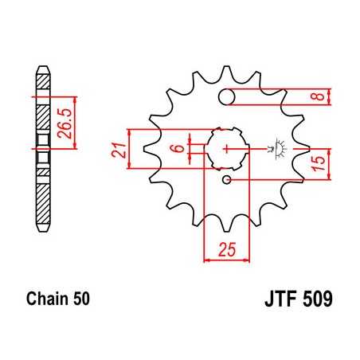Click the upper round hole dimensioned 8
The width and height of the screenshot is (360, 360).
pyautogui.click(x=229, y=97)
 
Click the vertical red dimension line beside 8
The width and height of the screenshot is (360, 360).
pyautogui.click(x=333, y=97)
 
